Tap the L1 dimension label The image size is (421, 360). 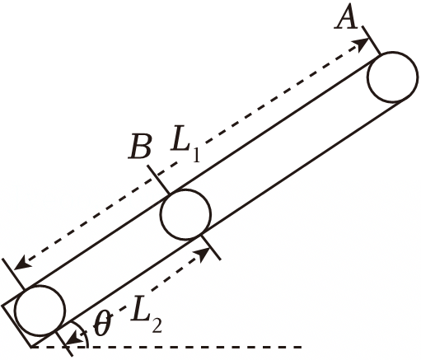pyautogui.click(x=185, y=145)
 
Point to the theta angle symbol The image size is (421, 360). pyautogui.click(x=103, y=324)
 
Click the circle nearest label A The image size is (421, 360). pyautogui.click(x=393, y=77)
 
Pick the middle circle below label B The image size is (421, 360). pyautogui.click(x=185, y=214)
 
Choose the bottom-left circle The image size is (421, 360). pyautogui.click(x=40, y=311)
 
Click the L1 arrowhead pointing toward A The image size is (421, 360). pyautogui.click(x=361, y=44)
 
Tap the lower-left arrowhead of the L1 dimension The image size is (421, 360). pyautogui.click(x=21, y=262)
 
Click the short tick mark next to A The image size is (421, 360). pyautogui.click(x=372, y=40)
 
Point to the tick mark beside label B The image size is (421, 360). pyautogui.click(x=158, y=180)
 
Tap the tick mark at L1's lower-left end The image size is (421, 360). pyautogui.click(x=13, y=274)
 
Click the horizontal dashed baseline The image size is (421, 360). pyautogui.click(x=167, y=348)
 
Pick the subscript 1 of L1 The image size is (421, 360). pyautogui.click(x=195, y=155)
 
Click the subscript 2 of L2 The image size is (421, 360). pyautogui.click(x=157, y=325)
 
